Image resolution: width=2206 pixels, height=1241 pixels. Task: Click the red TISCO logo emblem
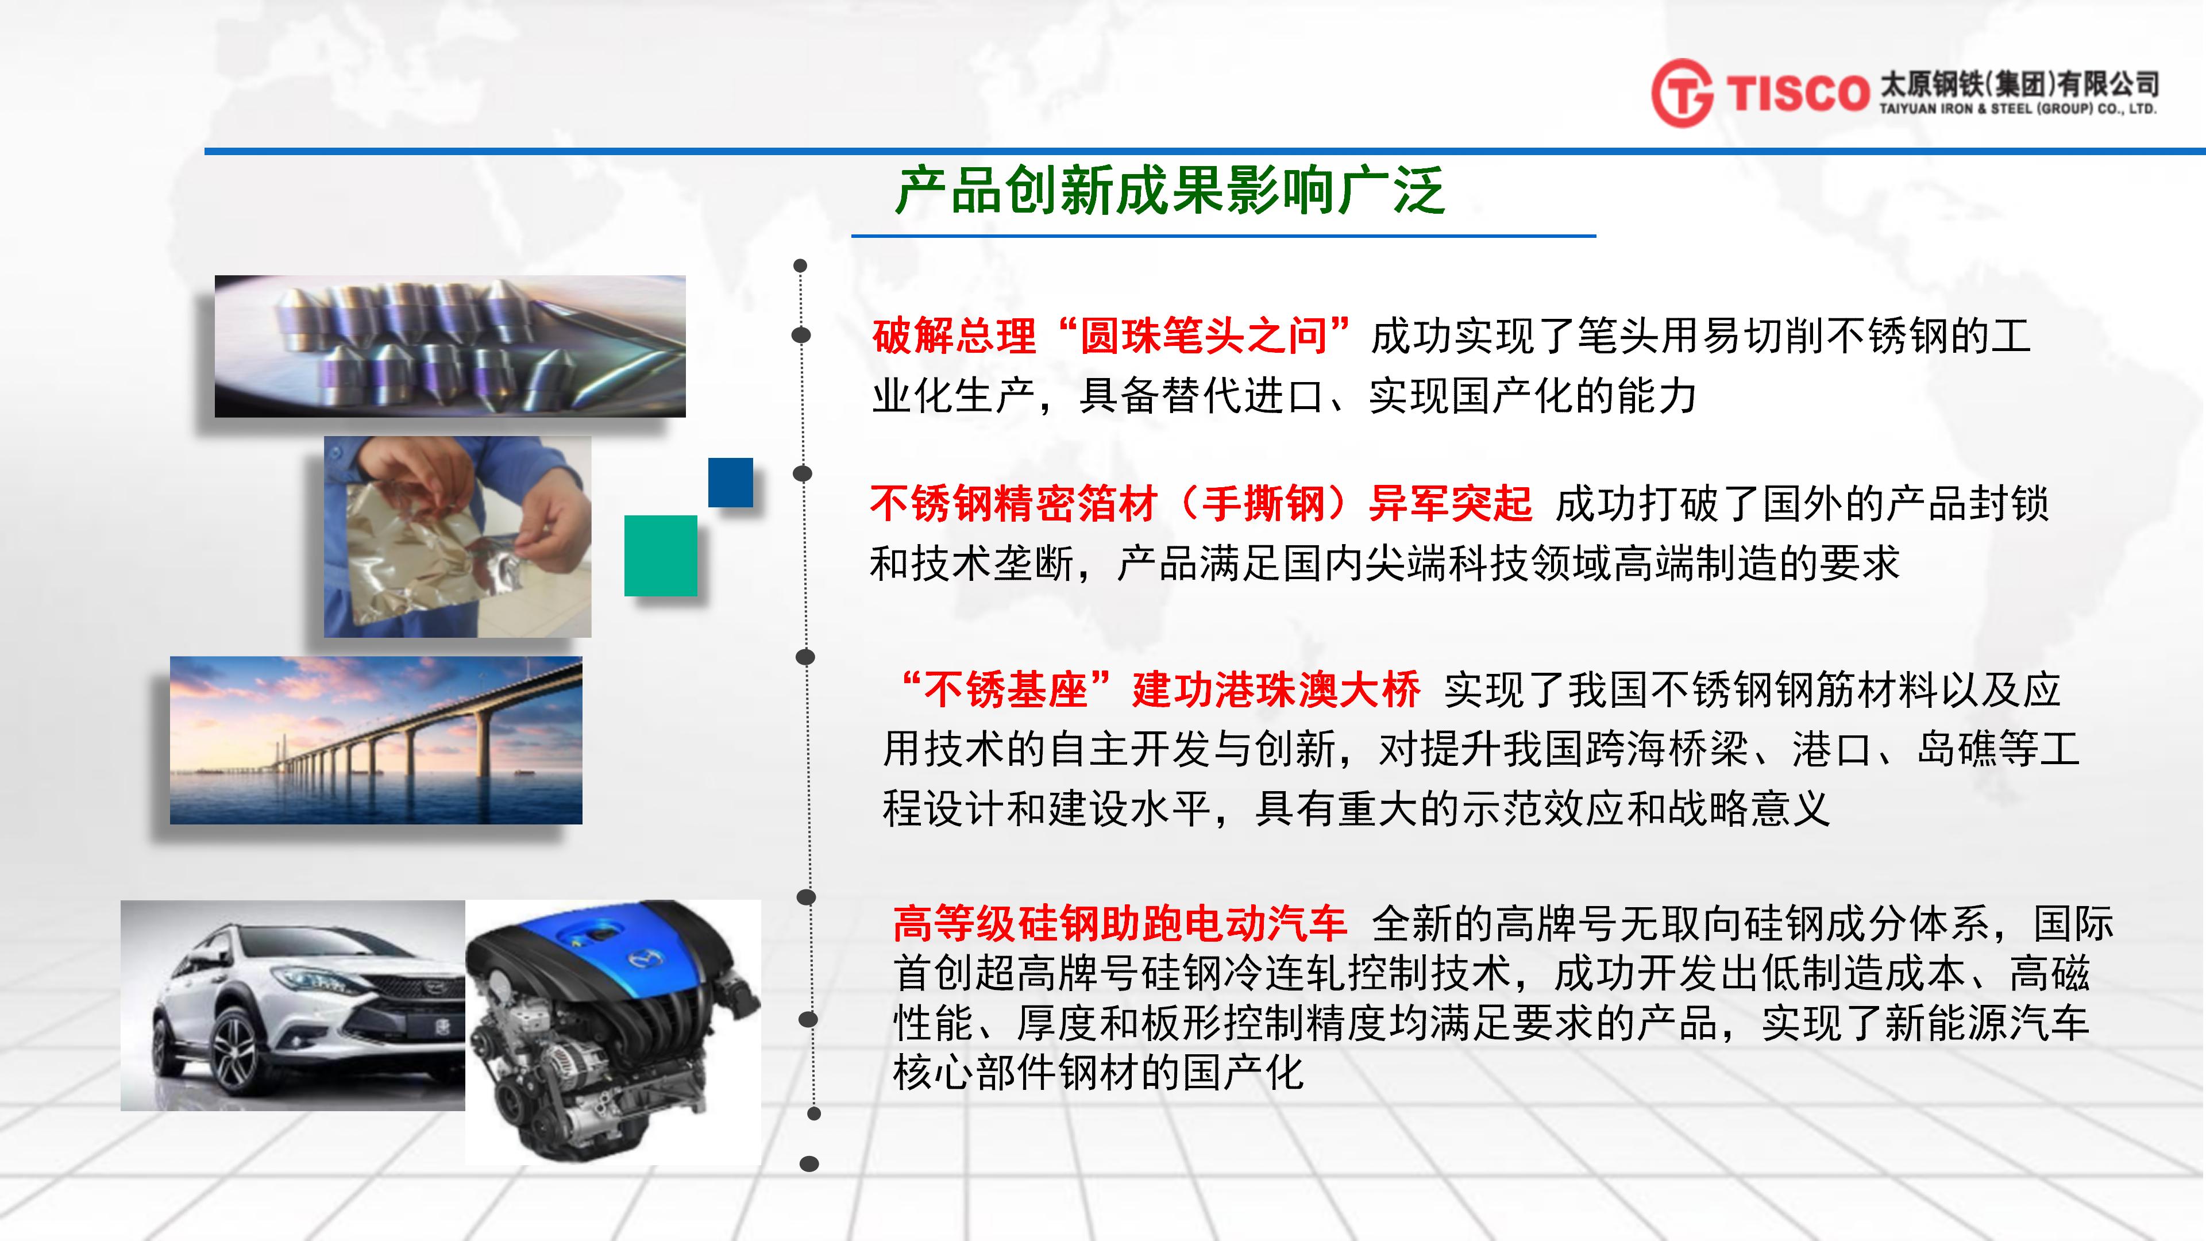[x=1682, y=93]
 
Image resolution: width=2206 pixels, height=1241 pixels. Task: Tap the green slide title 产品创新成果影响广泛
[x=1170, y=190]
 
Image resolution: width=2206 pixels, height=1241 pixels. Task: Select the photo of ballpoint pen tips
[x=450, y=346]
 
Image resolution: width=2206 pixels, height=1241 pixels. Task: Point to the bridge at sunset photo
[x=376, y=740]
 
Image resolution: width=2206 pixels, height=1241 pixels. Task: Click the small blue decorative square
[x=731, y=482]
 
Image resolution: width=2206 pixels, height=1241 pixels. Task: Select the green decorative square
[x=660, y=556]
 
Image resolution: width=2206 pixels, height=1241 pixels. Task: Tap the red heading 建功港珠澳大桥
[x=1276, y=690]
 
